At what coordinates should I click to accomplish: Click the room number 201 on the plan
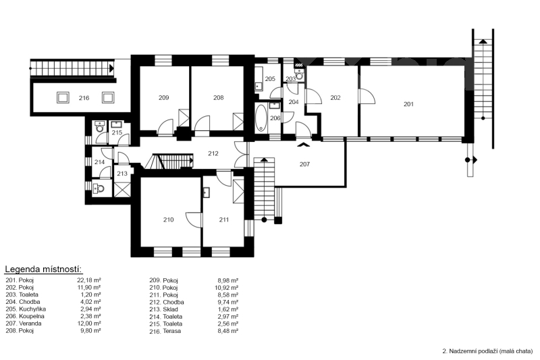point(408,104)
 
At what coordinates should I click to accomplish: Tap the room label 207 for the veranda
point(304,164)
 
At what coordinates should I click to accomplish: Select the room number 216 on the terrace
point(84,98)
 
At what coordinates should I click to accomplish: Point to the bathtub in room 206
point(261,118)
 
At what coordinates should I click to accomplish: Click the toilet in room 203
point(300,74)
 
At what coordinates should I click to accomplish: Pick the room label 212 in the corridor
point(213,153)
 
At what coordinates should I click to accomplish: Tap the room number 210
point(168,220)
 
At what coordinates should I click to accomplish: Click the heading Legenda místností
point(44,269)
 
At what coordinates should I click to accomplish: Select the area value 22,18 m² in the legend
point(89,280)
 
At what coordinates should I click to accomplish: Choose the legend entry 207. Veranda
point(24,324)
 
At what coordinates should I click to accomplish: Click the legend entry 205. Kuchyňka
point(26,309)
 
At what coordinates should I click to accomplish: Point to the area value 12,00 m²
point(89,324)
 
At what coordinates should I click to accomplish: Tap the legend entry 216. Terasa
point(165,331)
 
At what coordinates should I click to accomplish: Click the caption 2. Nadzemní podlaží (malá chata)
point(487,351)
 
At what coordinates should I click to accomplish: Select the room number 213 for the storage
point(122,174)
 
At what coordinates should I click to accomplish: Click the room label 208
point(218,98)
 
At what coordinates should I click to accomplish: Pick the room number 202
point(335,98)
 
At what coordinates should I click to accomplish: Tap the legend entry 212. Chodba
point(167,302)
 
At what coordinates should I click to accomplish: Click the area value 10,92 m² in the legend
point(226,288)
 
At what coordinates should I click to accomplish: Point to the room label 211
point(224,220)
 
